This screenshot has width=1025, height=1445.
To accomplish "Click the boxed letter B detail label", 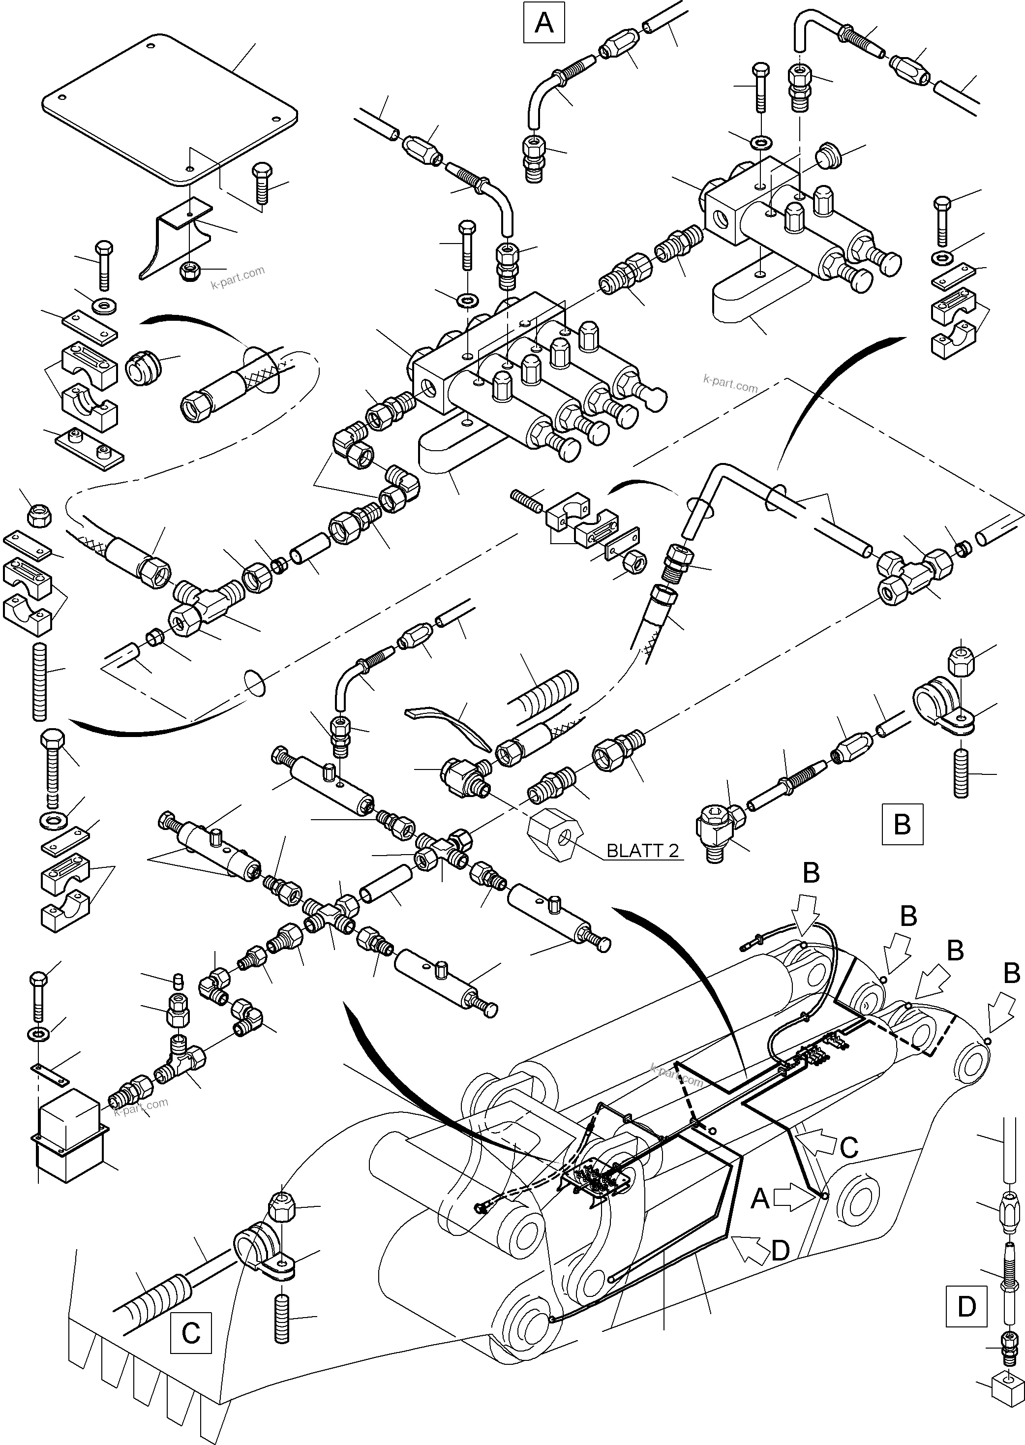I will click(x=902, y=824).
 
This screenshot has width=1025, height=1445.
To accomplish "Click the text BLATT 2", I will click(x=642, y=851).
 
